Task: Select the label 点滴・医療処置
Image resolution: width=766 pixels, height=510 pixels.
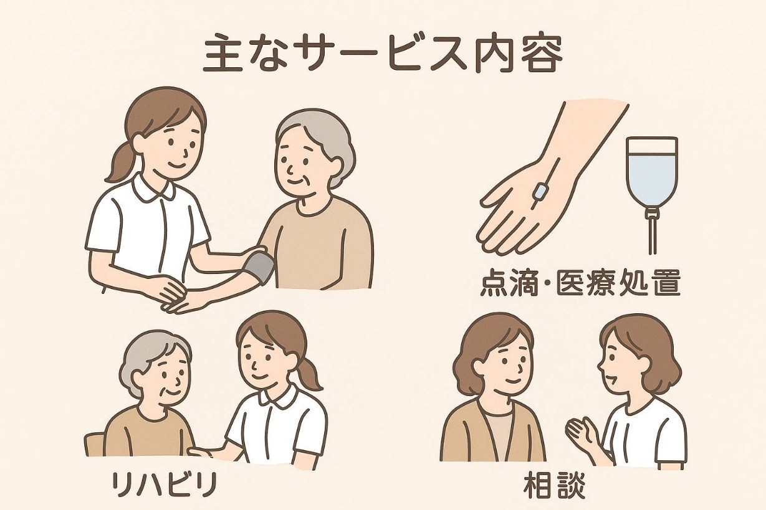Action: (580, 284)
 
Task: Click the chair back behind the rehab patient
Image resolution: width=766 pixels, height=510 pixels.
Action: (95, 444)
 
